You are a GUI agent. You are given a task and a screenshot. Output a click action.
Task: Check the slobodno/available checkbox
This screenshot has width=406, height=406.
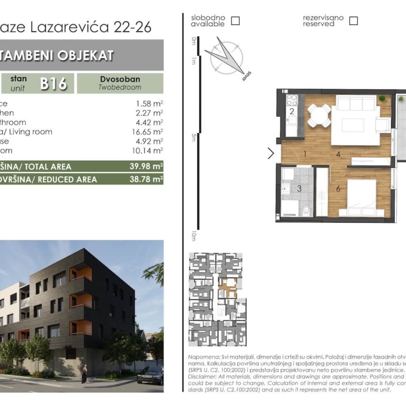tap(235, 21)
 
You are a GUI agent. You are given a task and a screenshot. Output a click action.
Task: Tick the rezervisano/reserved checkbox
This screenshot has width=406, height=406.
tap(353, 21)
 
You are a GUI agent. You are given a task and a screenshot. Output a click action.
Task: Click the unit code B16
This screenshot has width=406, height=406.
tap(54, 83)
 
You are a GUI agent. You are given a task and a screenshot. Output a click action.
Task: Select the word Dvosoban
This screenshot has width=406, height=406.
tap(120, 80)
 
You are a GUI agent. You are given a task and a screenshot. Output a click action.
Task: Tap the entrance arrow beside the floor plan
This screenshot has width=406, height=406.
tap(271, 153)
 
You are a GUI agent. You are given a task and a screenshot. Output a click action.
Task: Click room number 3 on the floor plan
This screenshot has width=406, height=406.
tap(299, 189)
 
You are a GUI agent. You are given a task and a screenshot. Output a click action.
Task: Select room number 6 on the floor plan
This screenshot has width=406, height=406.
tap(338, 188)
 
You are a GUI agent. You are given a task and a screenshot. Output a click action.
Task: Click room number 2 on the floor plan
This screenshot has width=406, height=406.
tap(292, 111)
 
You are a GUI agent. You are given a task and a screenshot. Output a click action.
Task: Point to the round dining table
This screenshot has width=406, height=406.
tap(319, 115)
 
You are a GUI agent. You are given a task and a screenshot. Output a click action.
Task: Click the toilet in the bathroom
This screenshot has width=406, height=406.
tap(307, 210)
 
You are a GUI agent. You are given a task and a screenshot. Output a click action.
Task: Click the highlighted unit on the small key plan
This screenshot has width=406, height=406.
tap(227, 288)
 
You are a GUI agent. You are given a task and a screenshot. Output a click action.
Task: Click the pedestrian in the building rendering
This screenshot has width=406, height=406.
tap(84, 373)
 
